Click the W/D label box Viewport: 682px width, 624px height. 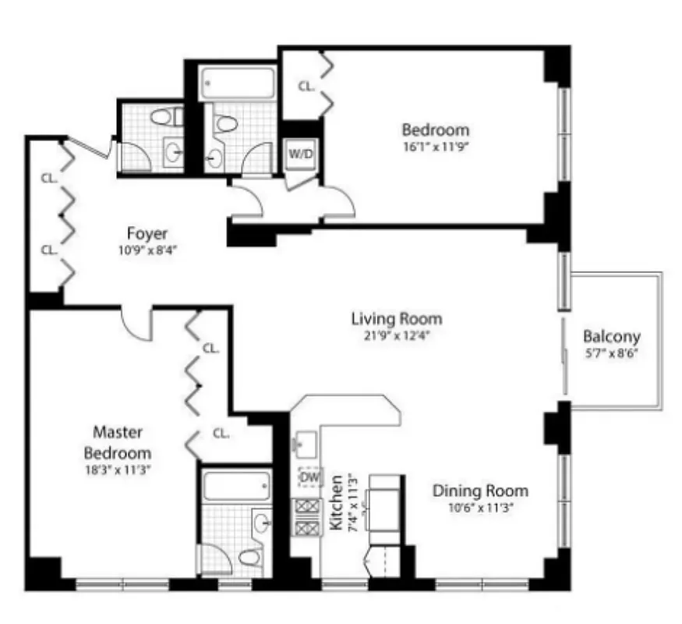click(x=300, y=153)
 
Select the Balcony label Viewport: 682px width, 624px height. click(x=612, y=337)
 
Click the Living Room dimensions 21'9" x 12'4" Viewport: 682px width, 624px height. click(x=396, y=336)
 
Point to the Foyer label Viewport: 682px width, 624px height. click(x=148, y=233)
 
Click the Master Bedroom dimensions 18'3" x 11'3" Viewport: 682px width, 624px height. click(x=118, y=470)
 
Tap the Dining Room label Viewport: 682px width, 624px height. click(x=480, y=491)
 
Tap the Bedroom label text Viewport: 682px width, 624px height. click(x=435, y=129)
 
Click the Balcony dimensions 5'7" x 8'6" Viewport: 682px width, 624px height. click(x=612, y=353)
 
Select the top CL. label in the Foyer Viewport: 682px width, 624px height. click(x=49, y=178)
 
